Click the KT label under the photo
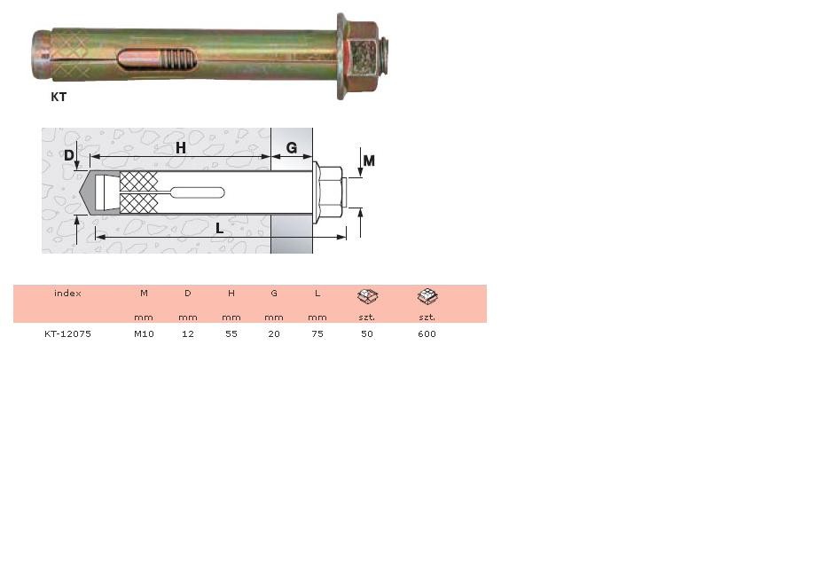coord(59,97)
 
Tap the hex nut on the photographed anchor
coord(363,55)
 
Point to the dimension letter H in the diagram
coord(181,148)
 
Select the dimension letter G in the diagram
coord(291,147)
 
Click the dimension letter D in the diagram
coord(69,155)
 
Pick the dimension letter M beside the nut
coord(369,161)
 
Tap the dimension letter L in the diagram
coord(219,228)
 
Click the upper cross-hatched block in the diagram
coord(138,182)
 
